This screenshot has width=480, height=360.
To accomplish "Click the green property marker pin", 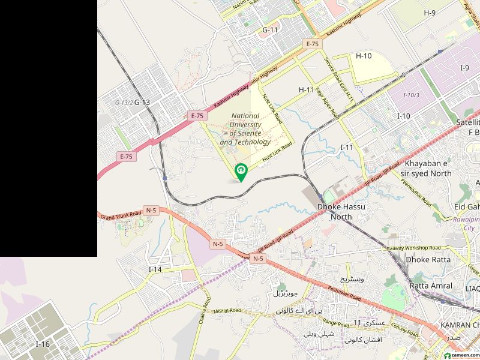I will click(x=241, y=172).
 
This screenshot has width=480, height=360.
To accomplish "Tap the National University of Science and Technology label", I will click(x=245, y=129).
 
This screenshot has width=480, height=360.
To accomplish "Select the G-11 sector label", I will click(x=270, y=29).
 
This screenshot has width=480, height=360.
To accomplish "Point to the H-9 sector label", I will click(x=430, y=13).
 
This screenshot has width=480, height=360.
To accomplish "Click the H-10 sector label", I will click(x=364, y=56).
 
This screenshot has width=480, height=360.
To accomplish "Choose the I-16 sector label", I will click(x=43, y=344).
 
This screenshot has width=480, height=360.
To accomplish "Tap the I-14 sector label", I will click(x=155, y=269).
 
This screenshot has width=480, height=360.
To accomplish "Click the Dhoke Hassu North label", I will click(x=341, y=211).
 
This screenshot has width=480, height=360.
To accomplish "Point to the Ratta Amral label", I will click(x=431, y=286).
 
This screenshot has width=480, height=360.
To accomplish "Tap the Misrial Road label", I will click(x=226, y=311).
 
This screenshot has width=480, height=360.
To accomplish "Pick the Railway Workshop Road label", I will click(x=413, y=248).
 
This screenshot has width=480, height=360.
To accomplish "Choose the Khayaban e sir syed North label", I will click(x=428, y=168).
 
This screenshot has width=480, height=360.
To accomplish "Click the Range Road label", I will click(x=335, y=323).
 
